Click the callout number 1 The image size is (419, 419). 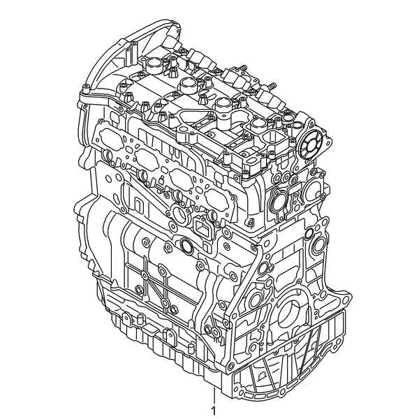point(214,411)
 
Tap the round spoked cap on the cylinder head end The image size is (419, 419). point(311,146)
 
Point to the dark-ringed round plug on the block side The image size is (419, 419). point(185,244)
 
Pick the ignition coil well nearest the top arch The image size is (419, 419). point(152,64)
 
